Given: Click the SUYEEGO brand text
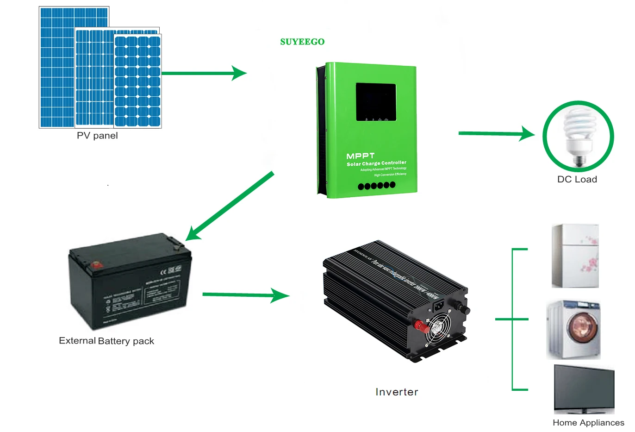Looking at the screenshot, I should (302, 42).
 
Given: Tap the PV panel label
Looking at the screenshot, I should (97, 136).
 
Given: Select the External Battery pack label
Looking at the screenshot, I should (106, 341).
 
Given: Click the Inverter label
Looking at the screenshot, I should (397, 392).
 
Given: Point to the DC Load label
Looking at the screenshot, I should (577, 179).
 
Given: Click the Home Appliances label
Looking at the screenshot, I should (588, 423).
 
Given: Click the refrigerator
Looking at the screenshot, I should (575, 256).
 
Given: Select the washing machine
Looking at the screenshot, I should (574, 330).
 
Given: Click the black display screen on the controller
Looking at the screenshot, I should (376, 102).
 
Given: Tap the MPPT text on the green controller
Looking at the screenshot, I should (361, 156).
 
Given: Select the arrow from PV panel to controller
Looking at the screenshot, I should (204, 73).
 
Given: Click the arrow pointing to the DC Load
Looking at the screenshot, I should (495, 134).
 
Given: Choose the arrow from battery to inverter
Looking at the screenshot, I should (245, 294).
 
